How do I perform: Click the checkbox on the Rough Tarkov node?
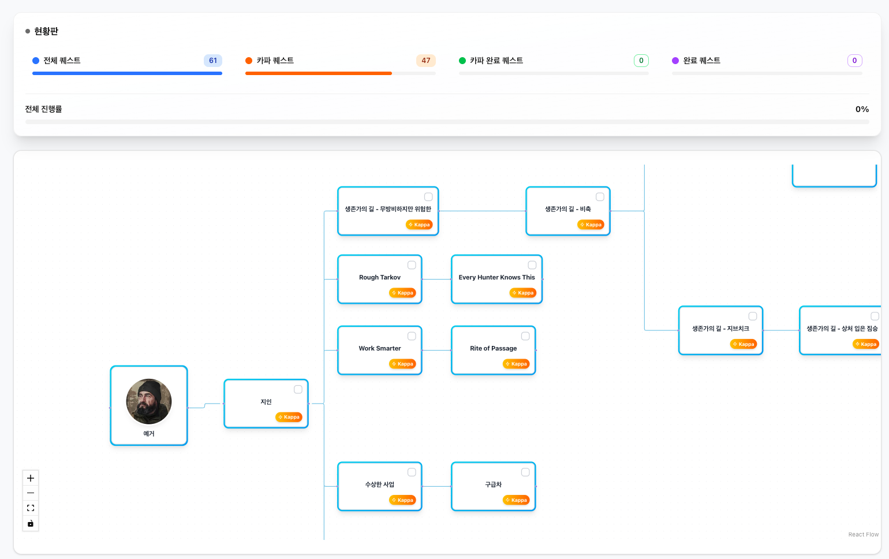coord(412,265)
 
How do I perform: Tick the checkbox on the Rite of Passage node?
coord(525,336)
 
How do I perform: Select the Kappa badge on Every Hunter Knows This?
coord(522,293)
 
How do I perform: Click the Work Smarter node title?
coord(380,348)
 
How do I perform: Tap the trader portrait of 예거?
coord(149,401)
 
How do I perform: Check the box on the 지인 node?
coord(298,389)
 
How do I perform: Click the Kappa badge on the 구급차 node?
coord(516,500)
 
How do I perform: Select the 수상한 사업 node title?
coord(380,485)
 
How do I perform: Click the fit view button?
coord(31,508)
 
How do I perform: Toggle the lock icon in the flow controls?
coord(31,523)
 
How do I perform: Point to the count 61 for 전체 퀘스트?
coord(212,60)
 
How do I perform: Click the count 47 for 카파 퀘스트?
coord(426,60)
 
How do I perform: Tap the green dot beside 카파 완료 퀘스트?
coord(462,60)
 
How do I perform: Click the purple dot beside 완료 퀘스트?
coord(675,60)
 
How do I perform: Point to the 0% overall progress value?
coord(862,109)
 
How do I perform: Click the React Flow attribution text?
coord(864,534)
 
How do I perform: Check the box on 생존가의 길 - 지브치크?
coord(753,316)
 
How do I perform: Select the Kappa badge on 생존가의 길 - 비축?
coord(591,225)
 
